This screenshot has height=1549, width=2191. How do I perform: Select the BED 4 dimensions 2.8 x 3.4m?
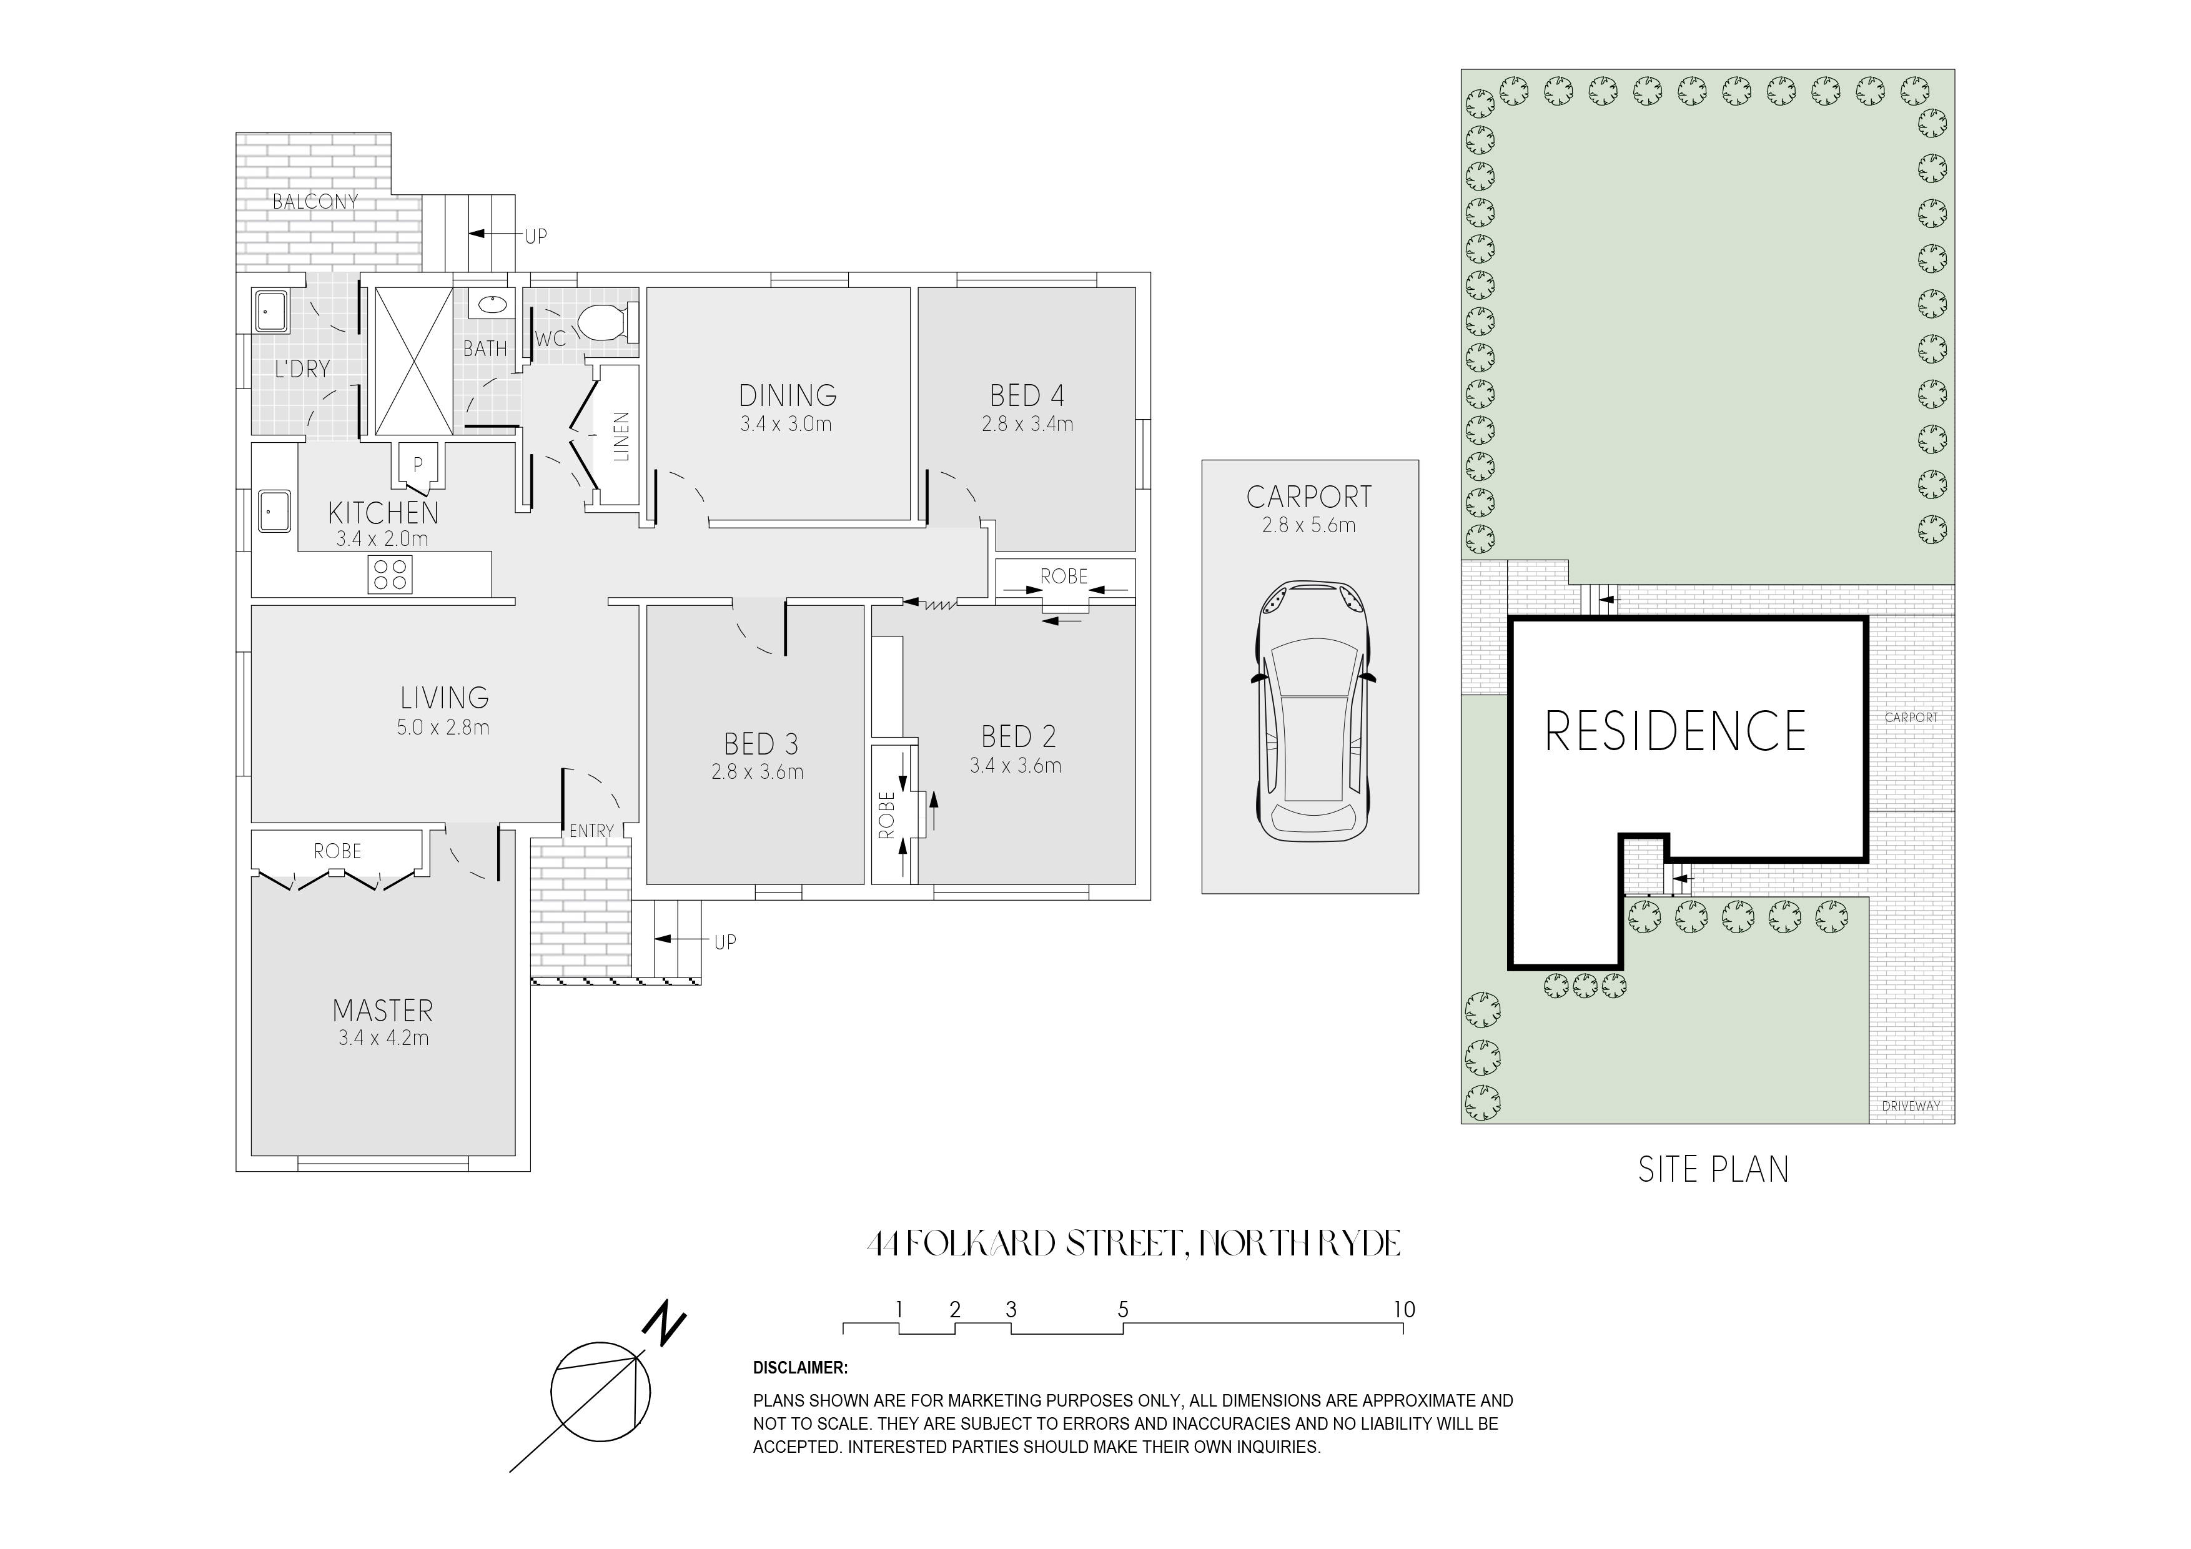[1028, 423]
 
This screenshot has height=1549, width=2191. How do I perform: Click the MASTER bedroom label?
[383, 1010]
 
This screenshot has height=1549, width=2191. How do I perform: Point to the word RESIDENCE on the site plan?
[1676, 731]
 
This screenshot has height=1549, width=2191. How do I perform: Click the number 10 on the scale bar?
[1404, 1309]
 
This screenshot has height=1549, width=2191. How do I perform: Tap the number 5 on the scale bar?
[1123, 1309]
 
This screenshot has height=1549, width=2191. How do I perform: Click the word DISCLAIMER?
[799, 1368]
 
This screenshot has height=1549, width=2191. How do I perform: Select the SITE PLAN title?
[1714, 1170]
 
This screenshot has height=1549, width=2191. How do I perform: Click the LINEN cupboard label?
[621, 436]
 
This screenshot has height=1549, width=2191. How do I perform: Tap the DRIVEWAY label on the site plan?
[1911, 1106]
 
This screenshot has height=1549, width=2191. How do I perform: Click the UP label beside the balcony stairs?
[537, 235]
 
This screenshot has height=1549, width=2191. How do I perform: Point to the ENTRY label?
[591, 831]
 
